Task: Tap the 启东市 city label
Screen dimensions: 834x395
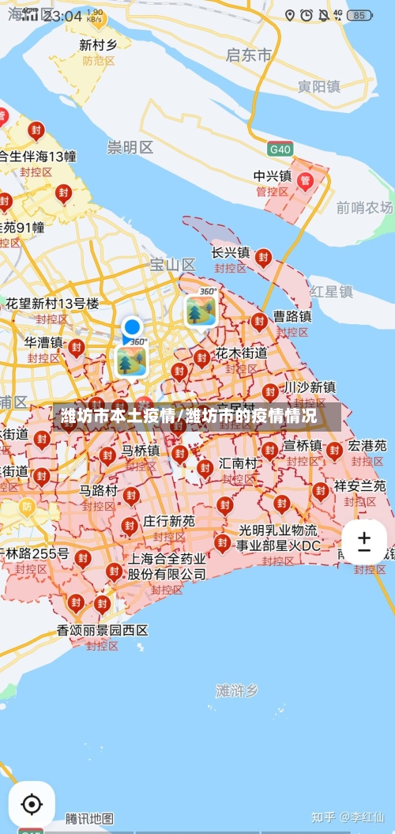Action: (249, 55)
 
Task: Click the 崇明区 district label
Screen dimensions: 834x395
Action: (130, 147)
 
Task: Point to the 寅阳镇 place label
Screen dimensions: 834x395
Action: (319, 87)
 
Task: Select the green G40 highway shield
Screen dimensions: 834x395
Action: (280, 149)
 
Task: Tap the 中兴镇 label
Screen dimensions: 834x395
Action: (273, 176)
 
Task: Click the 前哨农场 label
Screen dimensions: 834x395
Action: (364, 207)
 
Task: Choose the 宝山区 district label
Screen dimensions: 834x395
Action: (172, 264)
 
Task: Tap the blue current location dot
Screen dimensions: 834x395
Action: (132, 326)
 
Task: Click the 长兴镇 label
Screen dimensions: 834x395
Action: (231, 253)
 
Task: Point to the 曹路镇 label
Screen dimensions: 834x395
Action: (292, 316)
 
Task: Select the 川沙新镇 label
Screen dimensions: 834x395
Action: (310, 387)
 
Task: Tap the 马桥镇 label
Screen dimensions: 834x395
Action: (141, 451)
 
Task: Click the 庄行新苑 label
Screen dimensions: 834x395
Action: (168, 522)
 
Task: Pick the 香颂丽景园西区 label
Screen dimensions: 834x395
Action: (103, 630)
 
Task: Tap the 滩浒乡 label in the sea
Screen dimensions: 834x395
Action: (237, 691)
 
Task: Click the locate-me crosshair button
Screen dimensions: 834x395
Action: (32, 804)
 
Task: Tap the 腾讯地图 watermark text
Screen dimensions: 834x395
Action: (89, 817)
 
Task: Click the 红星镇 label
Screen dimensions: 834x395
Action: (331, 292)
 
